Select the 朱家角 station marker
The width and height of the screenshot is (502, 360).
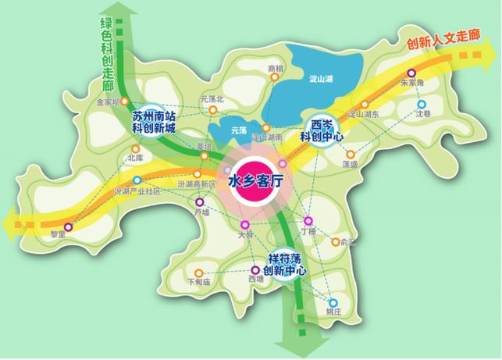[x=411, y=73]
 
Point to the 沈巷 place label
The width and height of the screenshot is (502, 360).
[x=422, y=113]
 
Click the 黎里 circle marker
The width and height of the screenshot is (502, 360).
[x=69, y=227]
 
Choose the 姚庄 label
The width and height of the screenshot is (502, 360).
[x=333, y=312]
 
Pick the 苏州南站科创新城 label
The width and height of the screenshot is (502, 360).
[x=165, y=120]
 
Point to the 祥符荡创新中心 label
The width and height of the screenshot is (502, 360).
[x=285, y=265]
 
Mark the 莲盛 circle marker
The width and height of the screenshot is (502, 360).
[x=350, y=155]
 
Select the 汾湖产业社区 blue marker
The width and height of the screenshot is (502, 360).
[x=137, y=180]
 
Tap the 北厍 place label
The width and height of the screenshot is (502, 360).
[x=134, y=157]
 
